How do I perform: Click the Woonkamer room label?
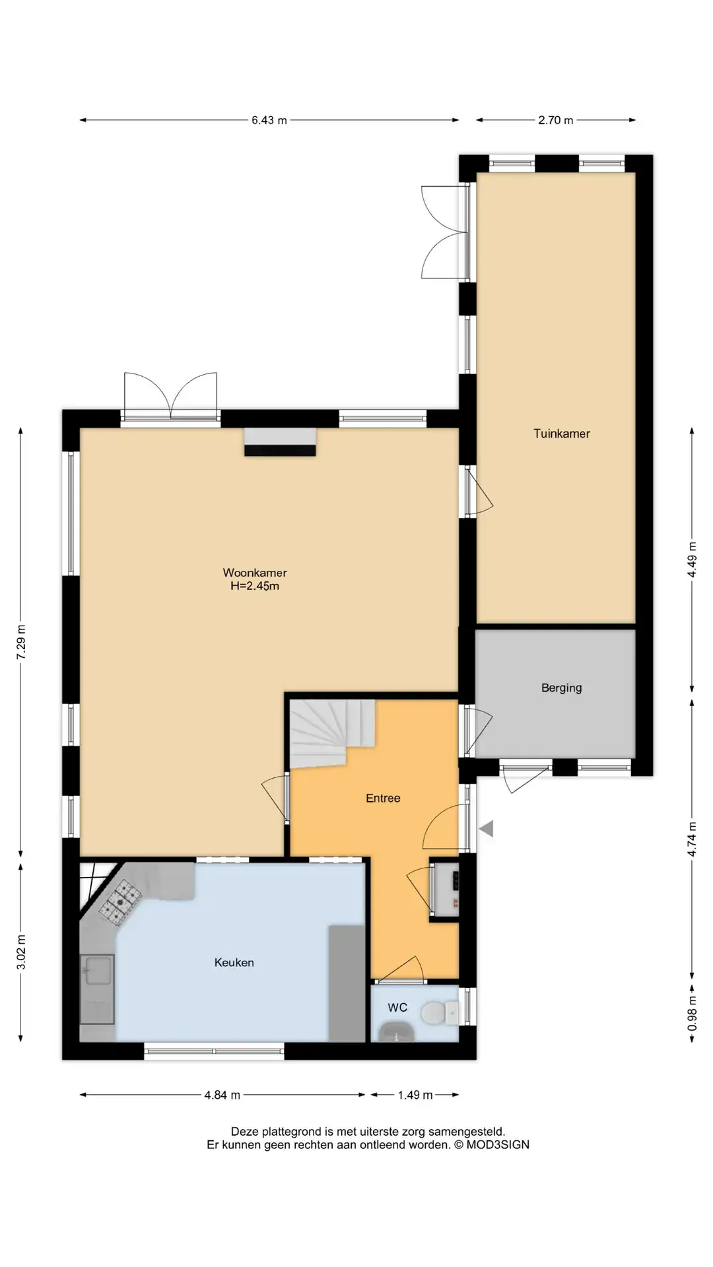coord(255,573)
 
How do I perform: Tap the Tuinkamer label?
coord(562,434)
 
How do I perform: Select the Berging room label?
coord(562,688)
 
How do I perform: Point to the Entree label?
coord(383,798)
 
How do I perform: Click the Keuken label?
coord(234,962)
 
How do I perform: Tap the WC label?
coord(397,1007)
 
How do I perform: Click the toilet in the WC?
coord(440,1012)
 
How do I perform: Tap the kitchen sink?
coord(97,989)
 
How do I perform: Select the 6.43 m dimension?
coord(269,120)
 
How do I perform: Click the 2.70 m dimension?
coord(555,120)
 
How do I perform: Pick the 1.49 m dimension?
coord(415,1095)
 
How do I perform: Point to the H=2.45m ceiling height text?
coord(255,586)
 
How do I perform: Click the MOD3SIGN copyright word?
coord(498,1144)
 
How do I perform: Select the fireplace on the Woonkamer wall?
coord(280,441)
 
